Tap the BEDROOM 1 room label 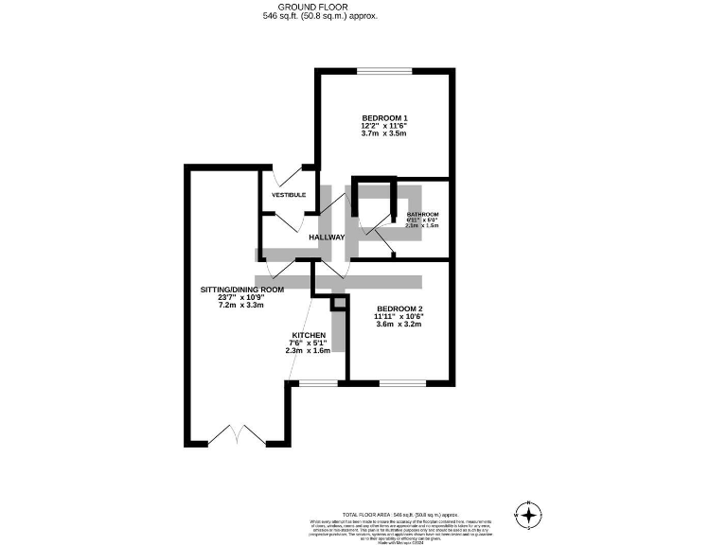[383, 117]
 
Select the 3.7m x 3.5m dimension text [383, 134]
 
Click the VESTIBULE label [289, 195]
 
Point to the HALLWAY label [326, 237]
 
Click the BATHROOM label [423, 215]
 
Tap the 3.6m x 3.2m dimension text [399, 325]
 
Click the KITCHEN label [309, 336]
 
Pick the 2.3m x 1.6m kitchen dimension [309, 350]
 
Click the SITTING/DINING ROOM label [242, 289]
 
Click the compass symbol [528, 515]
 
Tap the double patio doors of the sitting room [234, 437]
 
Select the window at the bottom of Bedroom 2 [402, 382]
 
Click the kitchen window [316, 382]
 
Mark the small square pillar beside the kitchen [338, 304]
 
